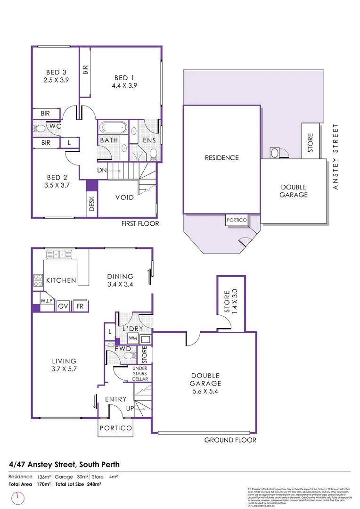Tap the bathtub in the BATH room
pos(113,128)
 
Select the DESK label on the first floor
pos(91,204)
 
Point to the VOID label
pos(125,197)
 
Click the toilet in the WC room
pos(40,128)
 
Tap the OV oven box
pos(63,306)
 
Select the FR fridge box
pos(80,306)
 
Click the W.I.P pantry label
pos(46,300)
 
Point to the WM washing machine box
pos(132,338)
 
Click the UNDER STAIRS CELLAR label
pos(140,373)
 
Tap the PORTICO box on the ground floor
pos(115,428)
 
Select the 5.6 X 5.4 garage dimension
pos(205,391)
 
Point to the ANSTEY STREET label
pos(335,157)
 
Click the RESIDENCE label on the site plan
pos(221,158)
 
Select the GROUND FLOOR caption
pos(230,440)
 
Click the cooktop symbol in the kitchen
pos(38,280)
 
